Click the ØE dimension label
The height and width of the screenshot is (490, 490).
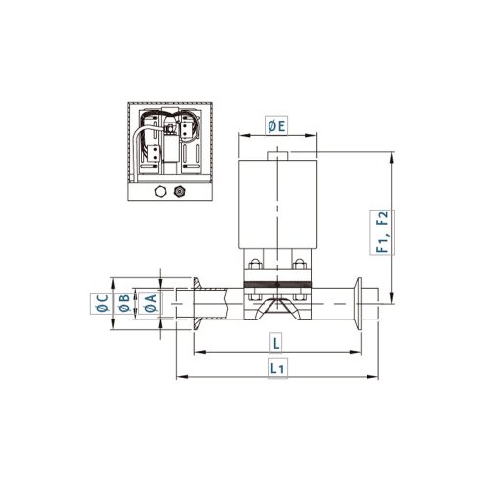pyautogui.click(x=276, y=126)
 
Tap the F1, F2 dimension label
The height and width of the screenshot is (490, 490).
pyautogui.click(x=382, y=231)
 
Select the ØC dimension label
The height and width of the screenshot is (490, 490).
pyautogui.click(x=102, y=303)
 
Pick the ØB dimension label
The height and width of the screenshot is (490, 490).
pyautogui.click(x=123, y=303)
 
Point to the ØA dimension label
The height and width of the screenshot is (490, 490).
pyautogui.click(x=150, y=303)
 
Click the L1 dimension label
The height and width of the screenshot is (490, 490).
pyautogui.click(x=277, y=368)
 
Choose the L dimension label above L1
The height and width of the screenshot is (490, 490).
pyautogui.click(x=276, y=343)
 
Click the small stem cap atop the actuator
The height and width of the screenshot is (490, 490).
pyautogui.click(x=277, y=156)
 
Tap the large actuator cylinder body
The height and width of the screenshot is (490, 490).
pyautogui.click(x=277, y=204)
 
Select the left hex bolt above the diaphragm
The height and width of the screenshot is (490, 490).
pyautogui.click(x=255, y=264)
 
